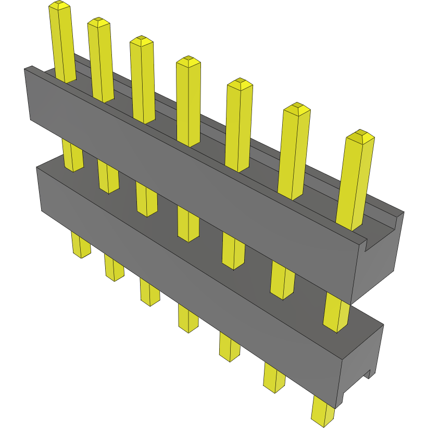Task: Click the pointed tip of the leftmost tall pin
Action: [59, 5]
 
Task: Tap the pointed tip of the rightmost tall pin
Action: [360, 136]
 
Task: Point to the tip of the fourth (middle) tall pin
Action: [188, 61]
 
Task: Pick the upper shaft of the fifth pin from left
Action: [238, 125]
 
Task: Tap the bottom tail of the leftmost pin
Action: [80, 245]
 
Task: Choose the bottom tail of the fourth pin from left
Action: [188, 318]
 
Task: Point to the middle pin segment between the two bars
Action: [188, 224]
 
